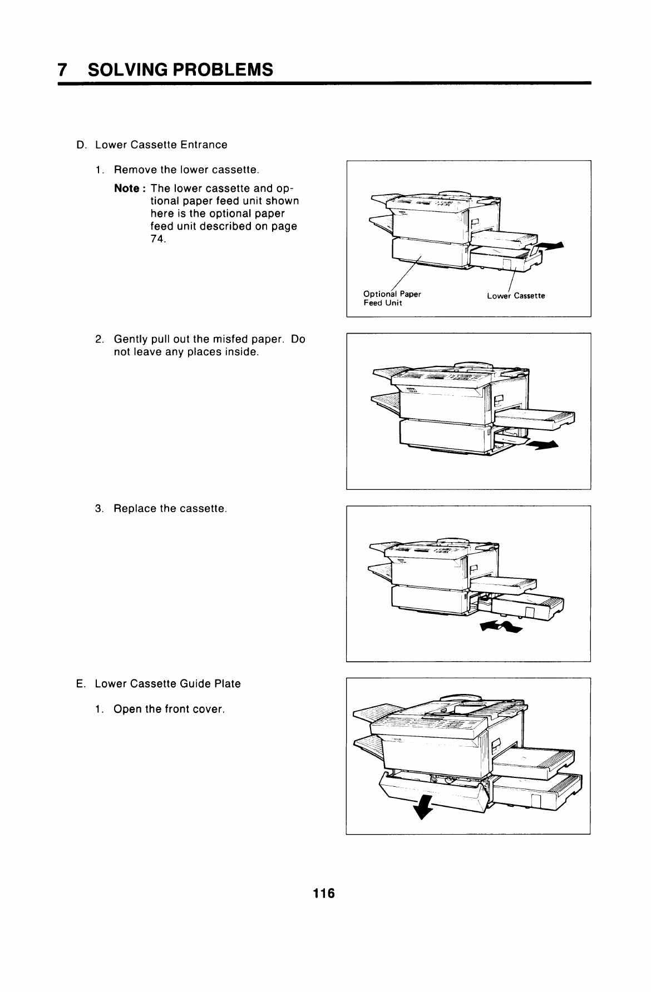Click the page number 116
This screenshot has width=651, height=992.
pyautogui.click(x=324, y=894)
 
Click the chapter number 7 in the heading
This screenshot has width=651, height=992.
pyautogui.click(x=63, y=70)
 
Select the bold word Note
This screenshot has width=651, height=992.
pyautogui.click(x=126, y=188)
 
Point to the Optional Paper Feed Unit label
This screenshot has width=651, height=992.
pyautogui.click(x=391, y=299)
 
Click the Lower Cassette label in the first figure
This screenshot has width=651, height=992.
pyautogui.click(x=516, y=296)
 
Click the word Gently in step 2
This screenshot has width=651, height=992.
pyautogui.click(x=132, y=339)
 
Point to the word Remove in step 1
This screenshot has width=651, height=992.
pyautogui.click(x=134, y=169)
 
